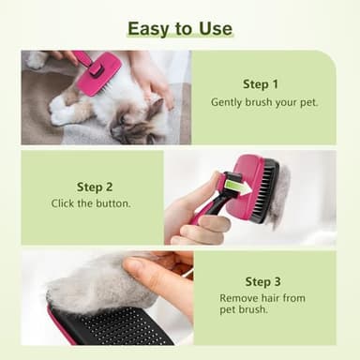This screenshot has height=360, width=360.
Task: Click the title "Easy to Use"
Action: (x=179, y=28)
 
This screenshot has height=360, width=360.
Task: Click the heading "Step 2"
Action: (x=95, y=186)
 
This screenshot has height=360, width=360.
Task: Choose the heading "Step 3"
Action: (x=263, y=281)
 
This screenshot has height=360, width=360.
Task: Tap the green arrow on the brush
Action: (x=238, y=187)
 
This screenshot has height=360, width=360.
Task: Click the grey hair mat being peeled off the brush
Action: (x=84, y=281)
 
